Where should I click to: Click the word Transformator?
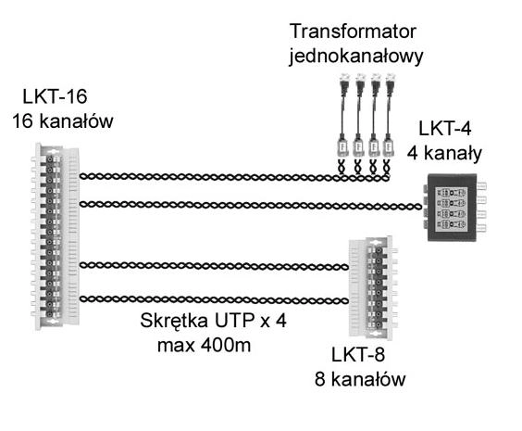[x=353, y=32]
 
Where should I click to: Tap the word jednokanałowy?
[x=356, y=56]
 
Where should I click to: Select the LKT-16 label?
[x=55, y=96]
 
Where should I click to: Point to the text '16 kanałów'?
[x=63, y=120]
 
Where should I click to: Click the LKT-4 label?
[x=445, y=129]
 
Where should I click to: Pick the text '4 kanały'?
[x=444, y=153]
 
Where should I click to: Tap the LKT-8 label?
[x=358, y=355]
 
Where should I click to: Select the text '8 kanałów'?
[x=360, y=379]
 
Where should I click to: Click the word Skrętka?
[x=174, y=322]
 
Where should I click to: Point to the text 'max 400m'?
[x=204, y=346]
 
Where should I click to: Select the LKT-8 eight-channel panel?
[x=373, y=287]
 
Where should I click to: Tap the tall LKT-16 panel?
[x=56, y=236]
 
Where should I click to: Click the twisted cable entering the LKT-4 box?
[x=251, y=205]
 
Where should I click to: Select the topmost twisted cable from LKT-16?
[x=234, y=177]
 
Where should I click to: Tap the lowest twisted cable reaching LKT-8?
[x=214, y=299]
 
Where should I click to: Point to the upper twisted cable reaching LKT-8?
[x=214, y=266]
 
